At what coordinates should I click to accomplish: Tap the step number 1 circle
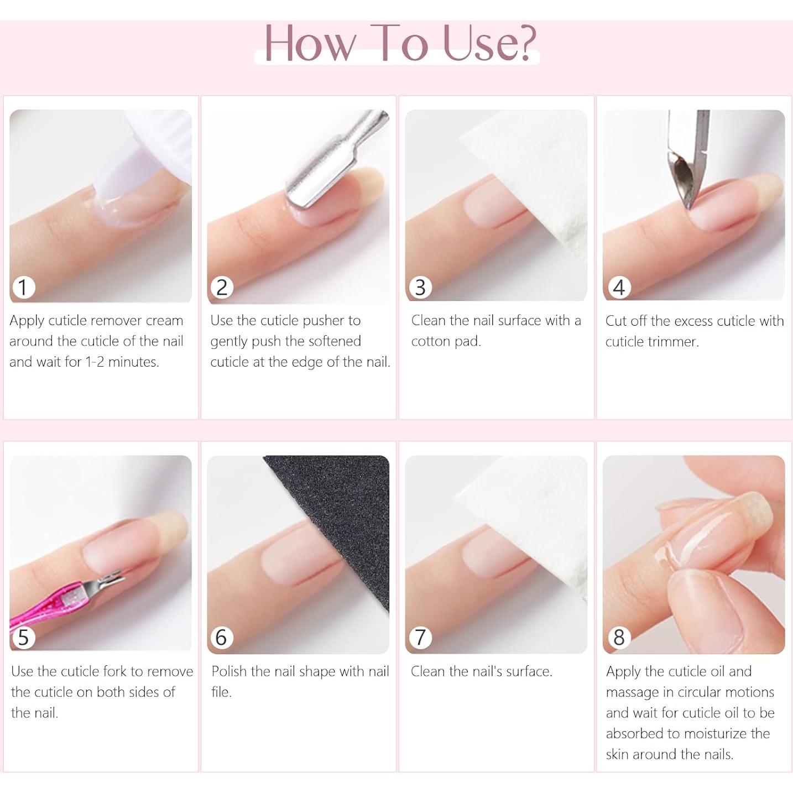coord(23,287)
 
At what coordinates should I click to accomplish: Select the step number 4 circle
coord(619,287)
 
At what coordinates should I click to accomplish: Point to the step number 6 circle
coord(221,638)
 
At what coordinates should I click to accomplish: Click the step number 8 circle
coord(619,638)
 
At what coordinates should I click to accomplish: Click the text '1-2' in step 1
coord(94,362)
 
